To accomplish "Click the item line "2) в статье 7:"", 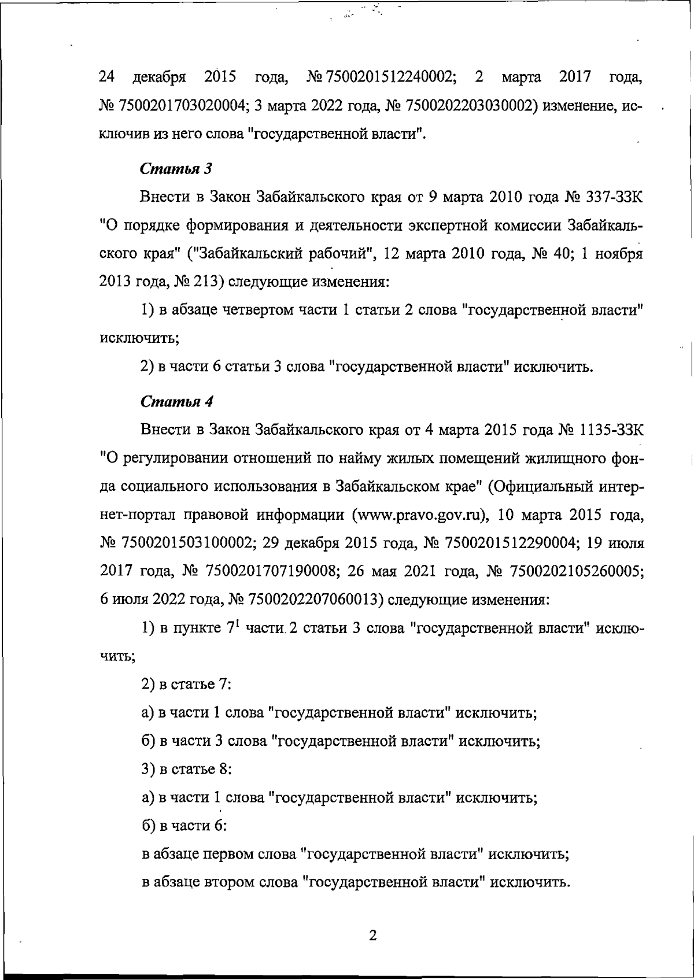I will [186, 685].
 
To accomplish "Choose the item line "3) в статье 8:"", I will [186, 770].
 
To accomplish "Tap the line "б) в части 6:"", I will [184, 826].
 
